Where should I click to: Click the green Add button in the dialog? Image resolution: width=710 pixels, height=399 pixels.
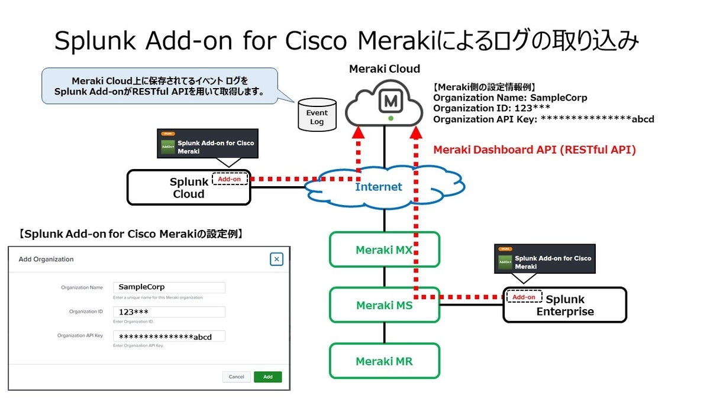(x=267, y=377)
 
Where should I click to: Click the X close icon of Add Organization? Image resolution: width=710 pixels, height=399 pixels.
(x=276, y=259)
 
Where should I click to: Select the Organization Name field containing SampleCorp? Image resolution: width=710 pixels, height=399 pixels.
(x=169, y=287)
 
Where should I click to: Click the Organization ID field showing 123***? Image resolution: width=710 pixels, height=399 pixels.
(x=169, y=312)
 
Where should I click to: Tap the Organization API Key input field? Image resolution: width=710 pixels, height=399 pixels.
(x=169, y=336)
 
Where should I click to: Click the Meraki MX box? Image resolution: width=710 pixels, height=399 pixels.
(x=385, y=249)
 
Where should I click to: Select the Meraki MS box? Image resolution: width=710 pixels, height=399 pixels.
(x=385, y=305)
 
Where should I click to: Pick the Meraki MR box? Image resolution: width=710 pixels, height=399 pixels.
(x=385, y=361)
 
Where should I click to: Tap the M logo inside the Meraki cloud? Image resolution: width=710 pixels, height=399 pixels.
(x=390, y=102)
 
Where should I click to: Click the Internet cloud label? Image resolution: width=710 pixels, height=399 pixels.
(x=378, y=187)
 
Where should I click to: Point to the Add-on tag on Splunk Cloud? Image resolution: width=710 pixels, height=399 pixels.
(x=230, y=179)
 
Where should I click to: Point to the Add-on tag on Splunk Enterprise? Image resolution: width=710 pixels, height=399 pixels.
(x=524, y=297)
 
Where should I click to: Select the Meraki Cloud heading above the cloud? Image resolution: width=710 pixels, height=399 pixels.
(x=385, y=69)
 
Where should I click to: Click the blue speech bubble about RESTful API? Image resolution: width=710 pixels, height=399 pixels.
(x=159, y=86)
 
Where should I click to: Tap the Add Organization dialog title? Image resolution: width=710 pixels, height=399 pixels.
(x=46, y=259)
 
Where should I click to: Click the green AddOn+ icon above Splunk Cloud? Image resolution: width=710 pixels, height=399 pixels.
(x=168, y=147)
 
